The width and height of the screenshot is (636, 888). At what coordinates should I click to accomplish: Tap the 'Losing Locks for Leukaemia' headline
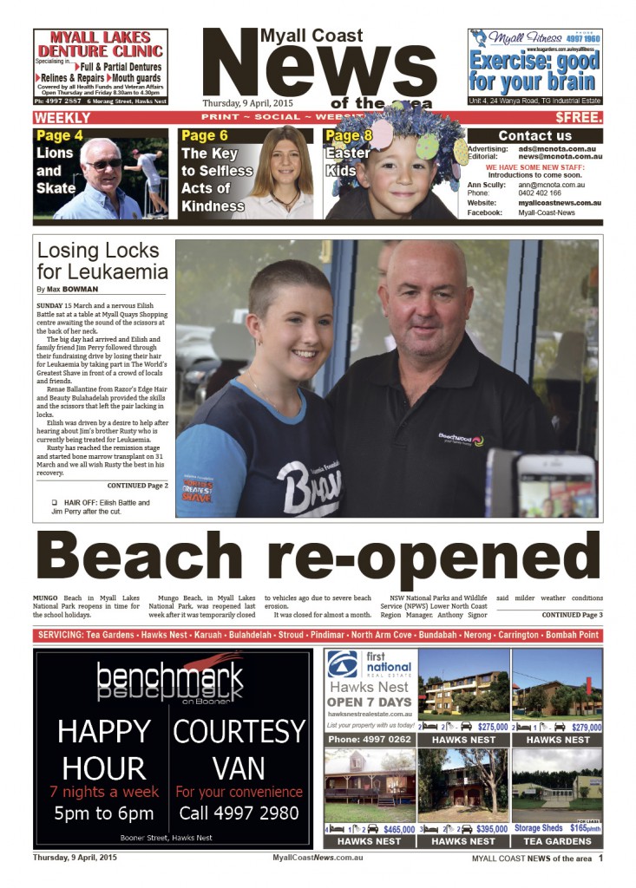pos(102,260)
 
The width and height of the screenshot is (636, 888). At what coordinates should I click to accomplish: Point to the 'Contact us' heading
pos(534,136)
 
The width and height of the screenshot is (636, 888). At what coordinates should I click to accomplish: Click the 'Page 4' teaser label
pos(60,136)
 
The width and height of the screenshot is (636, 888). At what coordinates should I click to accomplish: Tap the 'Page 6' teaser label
pos(205,136)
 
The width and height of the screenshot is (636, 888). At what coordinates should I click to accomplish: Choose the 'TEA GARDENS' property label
pos(557,841)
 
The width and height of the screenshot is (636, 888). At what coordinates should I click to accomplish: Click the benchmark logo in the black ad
pos(170,681)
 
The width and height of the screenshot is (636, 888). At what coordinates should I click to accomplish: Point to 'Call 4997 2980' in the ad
pos(239,813)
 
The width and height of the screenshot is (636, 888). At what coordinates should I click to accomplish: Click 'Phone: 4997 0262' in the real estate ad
pos(370,740)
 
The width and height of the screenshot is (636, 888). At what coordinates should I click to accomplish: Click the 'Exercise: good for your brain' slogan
pos(534,72)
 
